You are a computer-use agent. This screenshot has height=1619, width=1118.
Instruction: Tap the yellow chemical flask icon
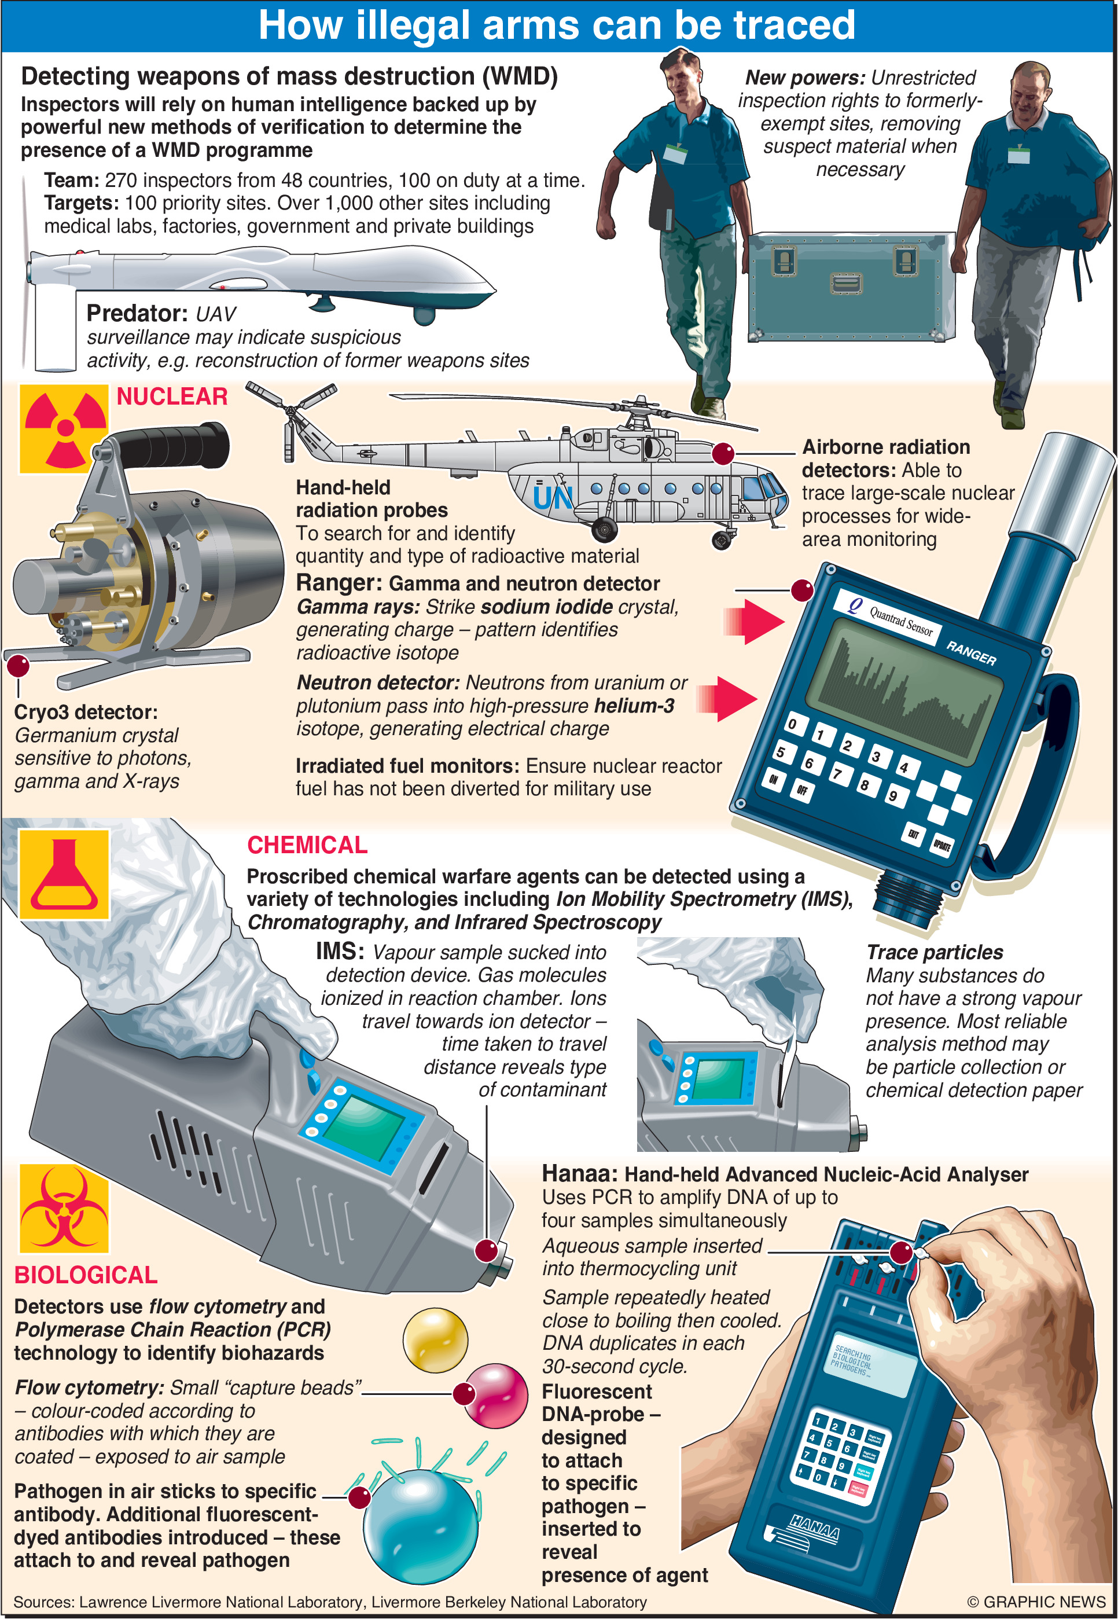pos(64,873)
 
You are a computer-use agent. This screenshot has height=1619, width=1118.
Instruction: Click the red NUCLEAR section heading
pos(172,397)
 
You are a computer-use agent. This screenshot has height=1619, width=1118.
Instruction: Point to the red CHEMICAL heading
pos(307,845)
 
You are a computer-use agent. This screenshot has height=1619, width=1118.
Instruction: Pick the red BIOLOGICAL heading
pos(86,1275)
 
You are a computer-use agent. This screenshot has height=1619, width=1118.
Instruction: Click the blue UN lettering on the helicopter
pos(553,497)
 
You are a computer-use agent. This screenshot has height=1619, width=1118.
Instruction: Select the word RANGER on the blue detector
pos(971,652)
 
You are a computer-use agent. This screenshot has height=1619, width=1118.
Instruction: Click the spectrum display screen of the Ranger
pos(904,690)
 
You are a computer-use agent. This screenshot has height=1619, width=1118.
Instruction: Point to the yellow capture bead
pos(435,1339)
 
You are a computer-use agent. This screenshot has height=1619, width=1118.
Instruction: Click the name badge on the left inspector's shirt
pos(675,153)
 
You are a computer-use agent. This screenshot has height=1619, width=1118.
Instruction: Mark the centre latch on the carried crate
pos(846,283)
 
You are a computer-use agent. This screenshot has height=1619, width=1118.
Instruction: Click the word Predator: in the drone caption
pos(137,313)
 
